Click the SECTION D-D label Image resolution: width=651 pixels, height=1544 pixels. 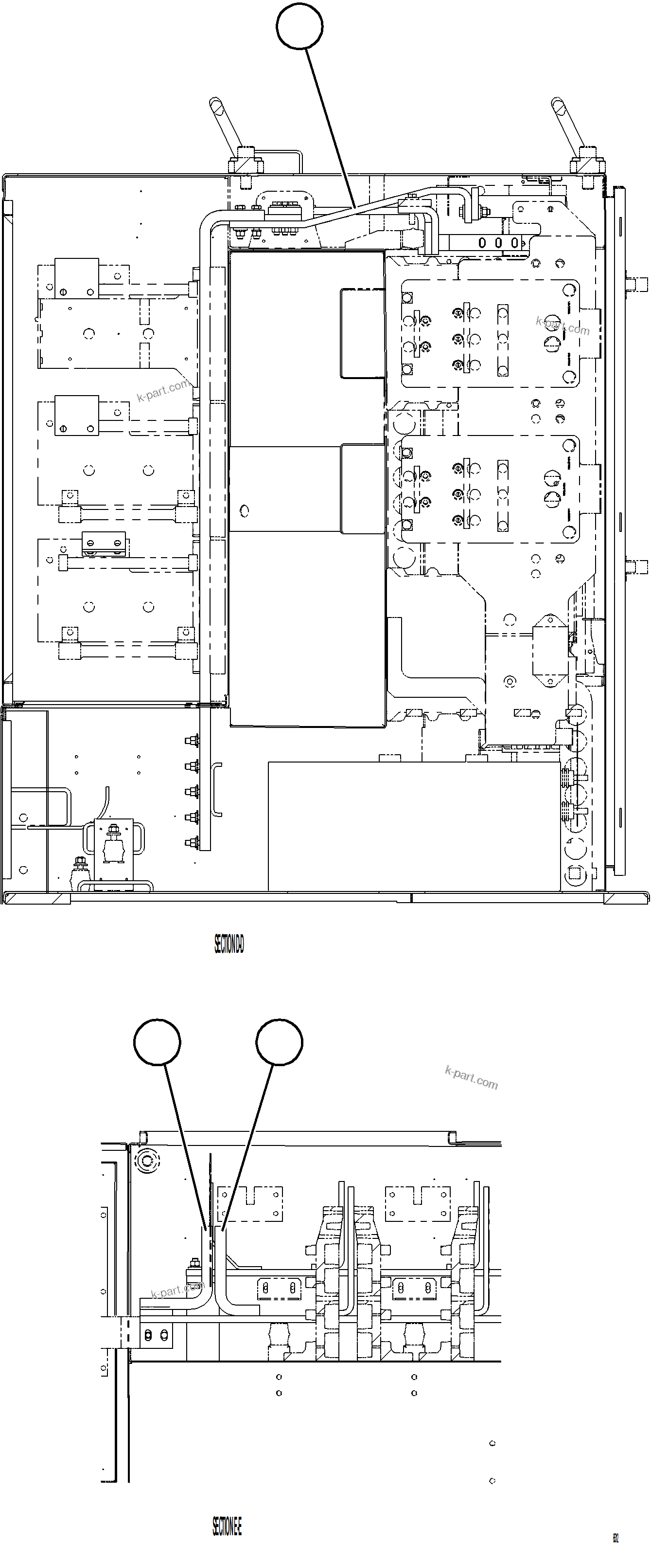point(229,945)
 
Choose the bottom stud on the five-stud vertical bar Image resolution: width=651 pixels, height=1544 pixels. point(191,843)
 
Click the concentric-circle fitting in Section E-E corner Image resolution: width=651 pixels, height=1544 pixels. point(147,1162)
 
